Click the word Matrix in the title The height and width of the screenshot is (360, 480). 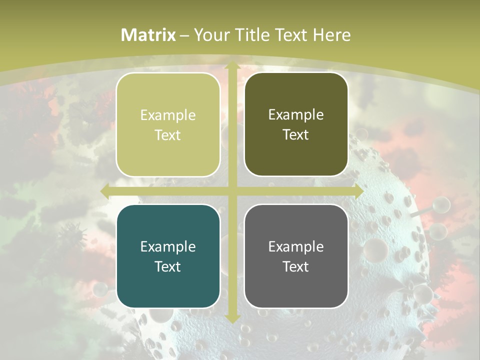point(148,35)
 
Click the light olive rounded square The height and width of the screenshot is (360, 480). point(168,124)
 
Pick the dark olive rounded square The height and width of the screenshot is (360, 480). point(296,124)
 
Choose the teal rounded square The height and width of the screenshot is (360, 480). point(168,256)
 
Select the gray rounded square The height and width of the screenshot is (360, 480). point(296,256)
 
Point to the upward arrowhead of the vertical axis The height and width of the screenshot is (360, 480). point(232,66)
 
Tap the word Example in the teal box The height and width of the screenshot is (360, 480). point(168,246)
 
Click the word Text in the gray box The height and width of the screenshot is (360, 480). point(296,266)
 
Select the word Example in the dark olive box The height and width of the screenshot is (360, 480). point(296,114)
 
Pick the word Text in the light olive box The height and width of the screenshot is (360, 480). point(168,135)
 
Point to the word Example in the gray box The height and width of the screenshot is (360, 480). point(296,246)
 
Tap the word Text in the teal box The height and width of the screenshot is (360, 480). point(168,266)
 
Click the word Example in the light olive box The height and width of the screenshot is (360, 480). point(168,115)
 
